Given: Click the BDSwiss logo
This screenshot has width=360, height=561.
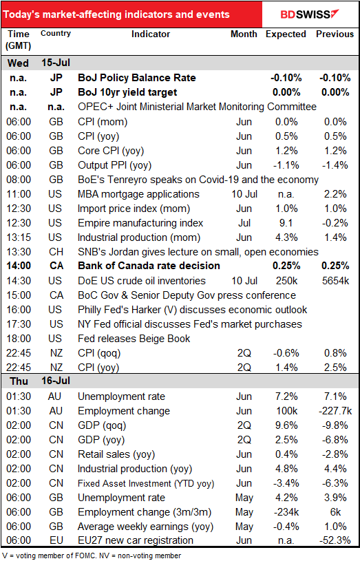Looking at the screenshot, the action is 309,14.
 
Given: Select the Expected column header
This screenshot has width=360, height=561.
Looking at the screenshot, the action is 286,34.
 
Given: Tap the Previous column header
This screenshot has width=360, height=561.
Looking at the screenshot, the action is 335,34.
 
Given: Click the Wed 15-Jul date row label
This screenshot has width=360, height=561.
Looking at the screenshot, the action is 39,63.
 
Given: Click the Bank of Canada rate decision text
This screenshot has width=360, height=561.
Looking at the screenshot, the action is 149,266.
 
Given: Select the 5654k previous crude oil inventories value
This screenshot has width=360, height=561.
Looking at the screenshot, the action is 335,281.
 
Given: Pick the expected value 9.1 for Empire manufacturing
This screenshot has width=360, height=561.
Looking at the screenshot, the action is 286,223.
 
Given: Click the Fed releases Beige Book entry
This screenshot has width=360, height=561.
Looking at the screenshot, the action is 134,339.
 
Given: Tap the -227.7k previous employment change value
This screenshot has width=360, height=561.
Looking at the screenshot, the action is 335,411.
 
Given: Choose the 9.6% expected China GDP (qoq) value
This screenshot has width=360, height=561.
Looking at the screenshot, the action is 286,425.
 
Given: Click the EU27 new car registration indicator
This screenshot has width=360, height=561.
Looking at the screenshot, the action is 136,540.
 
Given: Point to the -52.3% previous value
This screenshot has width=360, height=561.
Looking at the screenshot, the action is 335,540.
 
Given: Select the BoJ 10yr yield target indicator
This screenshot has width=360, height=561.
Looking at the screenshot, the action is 127,92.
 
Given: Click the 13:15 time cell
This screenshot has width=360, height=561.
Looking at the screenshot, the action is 19,237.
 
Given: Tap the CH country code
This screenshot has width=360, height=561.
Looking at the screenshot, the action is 56,252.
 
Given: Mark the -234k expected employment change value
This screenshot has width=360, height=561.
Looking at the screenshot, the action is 286,512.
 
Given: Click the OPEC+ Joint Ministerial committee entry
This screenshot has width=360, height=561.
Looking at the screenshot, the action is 197,107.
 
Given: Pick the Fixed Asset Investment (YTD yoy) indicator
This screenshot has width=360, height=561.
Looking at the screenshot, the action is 146,483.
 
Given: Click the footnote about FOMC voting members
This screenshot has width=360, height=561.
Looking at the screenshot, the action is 92,555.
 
